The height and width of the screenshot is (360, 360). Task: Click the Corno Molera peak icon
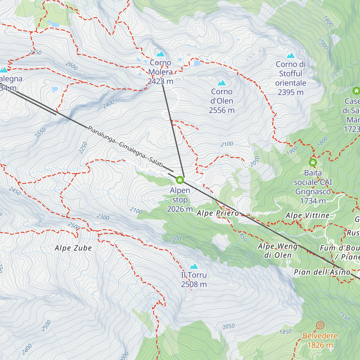[160, 54]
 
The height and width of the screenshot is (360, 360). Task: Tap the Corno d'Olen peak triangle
[222, 83]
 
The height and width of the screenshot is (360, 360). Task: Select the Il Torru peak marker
[194, 266]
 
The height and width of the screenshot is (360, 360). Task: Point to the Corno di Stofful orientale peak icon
[291, 55]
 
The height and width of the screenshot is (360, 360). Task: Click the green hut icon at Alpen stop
[180, 180]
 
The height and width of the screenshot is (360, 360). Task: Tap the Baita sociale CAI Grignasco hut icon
[313, 163]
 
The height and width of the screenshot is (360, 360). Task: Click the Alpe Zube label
[73, 248]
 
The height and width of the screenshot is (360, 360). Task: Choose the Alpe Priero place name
[218, 213]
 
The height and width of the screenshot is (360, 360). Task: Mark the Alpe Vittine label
[307, 215]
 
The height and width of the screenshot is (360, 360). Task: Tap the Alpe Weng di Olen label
[278, 251]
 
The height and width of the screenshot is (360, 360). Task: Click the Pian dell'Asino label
[322, 272]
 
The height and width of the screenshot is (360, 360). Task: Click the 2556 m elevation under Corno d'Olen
[222, 110]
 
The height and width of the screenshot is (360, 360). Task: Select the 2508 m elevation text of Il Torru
[194, 284]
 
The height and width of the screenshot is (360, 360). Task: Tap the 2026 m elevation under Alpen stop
[180, 209]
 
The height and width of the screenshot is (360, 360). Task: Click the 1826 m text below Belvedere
[320, 345]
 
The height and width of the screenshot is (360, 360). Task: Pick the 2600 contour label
[72, 66]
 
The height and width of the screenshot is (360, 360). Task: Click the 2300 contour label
[103, 217]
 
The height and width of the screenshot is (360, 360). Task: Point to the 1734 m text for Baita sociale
[313, 201]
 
